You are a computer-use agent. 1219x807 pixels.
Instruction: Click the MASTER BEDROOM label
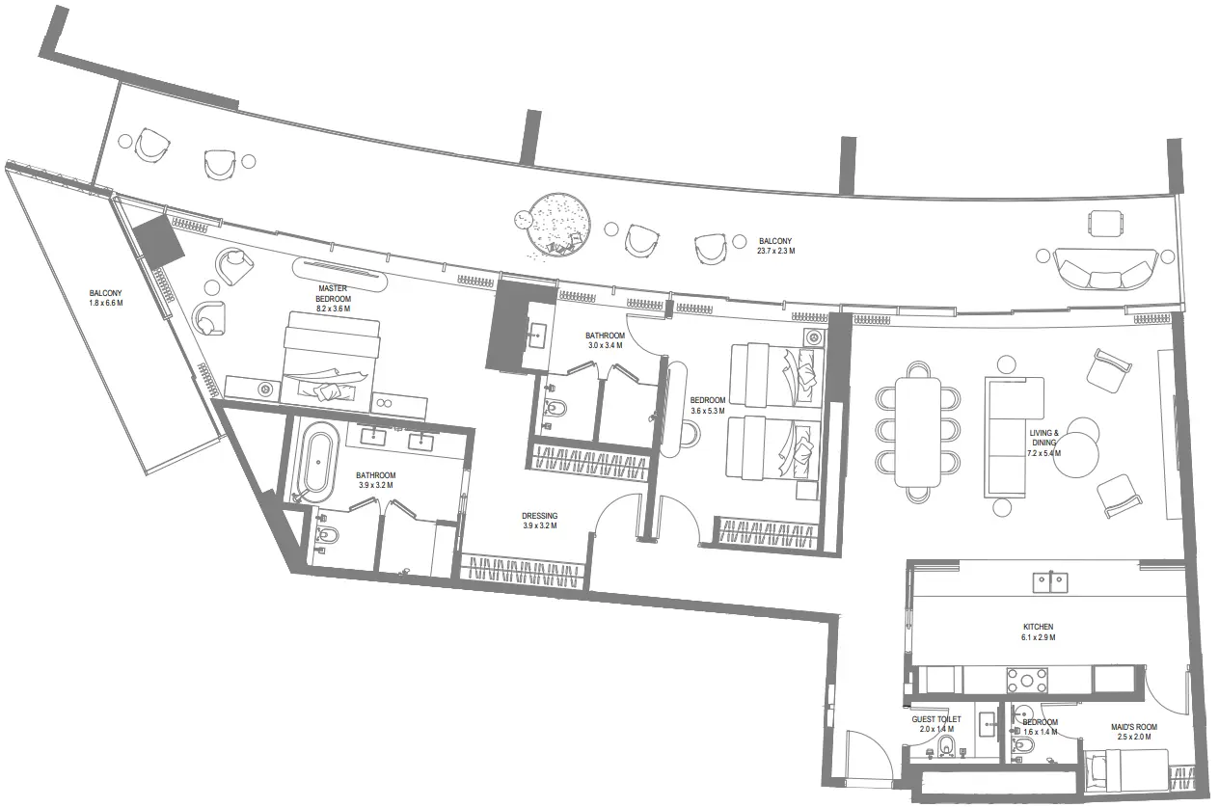pos(334,293)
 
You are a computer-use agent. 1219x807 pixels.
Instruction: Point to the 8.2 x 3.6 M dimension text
pos(334,310)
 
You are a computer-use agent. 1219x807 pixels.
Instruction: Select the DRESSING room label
pos(538,516)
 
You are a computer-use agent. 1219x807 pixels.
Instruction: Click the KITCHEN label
pos(1039,627)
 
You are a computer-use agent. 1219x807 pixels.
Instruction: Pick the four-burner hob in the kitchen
pos(1027,681)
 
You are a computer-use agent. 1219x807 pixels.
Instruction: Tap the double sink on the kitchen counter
pos(1049,581)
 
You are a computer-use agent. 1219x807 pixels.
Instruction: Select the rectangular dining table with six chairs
pos(917,432)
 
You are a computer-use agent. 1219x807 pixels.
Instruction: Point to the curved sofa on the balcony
pos(1105,269)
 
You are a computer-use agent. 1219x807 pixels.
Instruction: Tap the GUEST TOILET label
pos(936,719)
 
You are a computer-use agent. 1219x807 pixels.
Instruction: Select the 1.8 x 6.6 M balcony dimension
pos(106,303)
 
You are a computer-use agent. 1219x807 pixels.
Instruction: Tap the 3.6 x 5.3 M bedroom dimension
pos(707,411)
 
